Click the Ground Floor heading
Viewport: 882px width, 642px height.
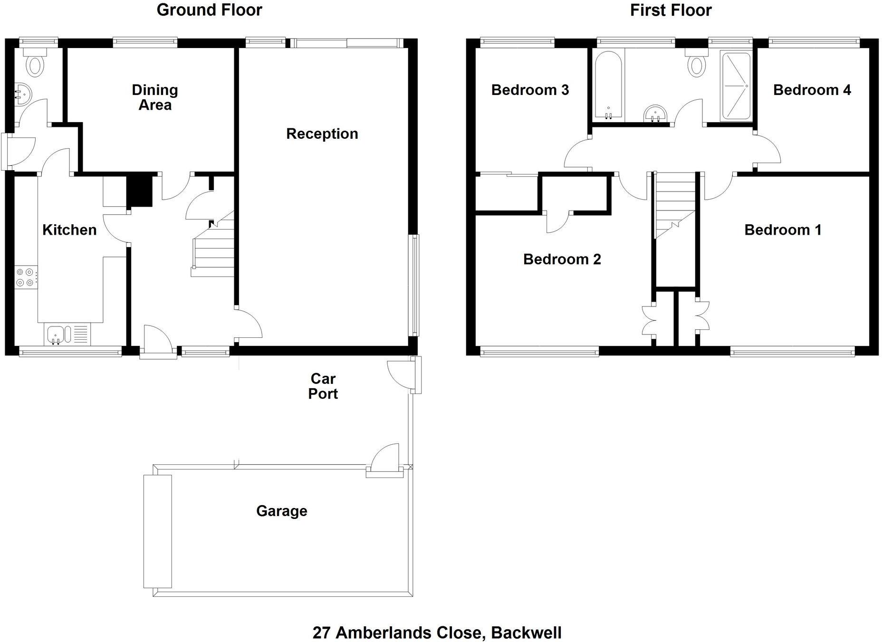click(x=209, y=10)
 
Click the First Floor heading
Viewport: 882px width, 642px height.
click(x=671, y=10)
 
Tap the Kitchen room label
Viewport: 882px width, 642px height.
click(x=69, y=230)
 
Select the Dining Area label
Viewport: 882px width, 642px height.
click(x=155, y=97)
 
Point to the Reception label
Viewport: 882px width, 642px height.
click(x=322, y=134)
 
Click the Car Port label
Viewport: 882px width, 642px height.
click(x=323, y=386)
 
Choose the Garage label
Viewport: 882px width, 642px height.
click(x=281, y=511)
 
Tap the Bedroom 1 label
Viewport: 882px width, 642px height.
click(x=783, y=230)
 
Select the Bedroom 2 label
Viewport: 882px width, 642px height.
click(x=562, y=259)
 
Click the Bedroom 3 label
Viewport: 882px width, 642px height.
click(x=530, y=90)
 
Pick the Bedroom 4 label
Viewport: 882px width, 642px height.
click(x=812, y=90)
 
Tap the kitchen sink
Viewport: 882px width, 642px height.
click(x=56, y=334)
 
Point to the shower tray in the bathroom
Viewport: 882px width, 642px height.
click(x=736, y=86)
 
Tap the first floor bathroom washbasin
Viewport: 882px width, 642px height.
click(x=656, y=114)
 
